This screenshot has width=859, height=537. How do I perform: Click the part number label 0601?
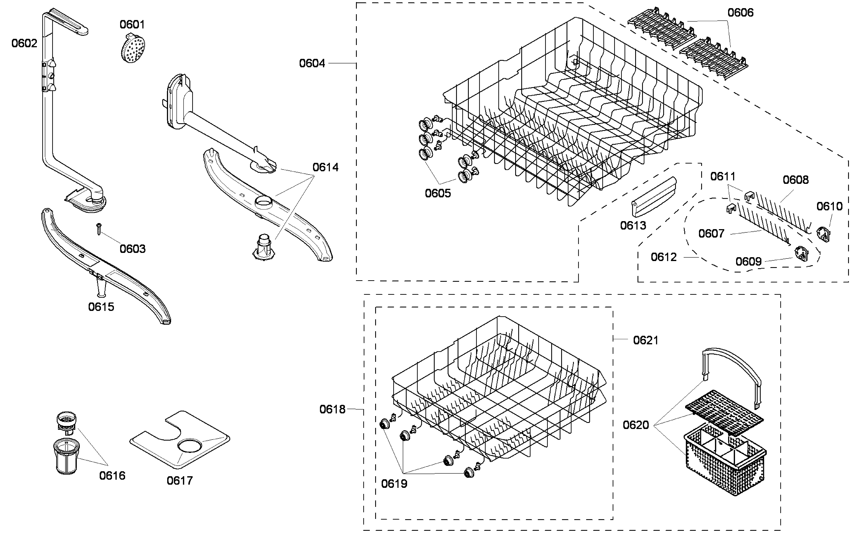132,24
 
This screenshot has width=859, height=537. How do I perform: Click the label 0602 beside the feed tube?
24,43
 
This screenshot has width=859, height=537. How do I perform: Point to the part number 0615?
101,307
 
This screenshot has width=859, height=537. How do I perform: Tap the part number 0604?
312,63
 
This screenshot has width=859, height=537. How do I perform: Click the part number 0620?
636,425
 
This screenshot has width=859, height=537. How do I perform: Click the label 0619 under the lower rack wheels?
394,484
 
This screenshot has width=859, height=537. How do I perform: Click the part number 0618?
332,410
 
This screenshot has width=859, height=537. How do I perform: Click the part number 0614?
325,167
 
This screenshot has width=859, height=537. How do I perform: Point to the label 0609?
748,262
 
